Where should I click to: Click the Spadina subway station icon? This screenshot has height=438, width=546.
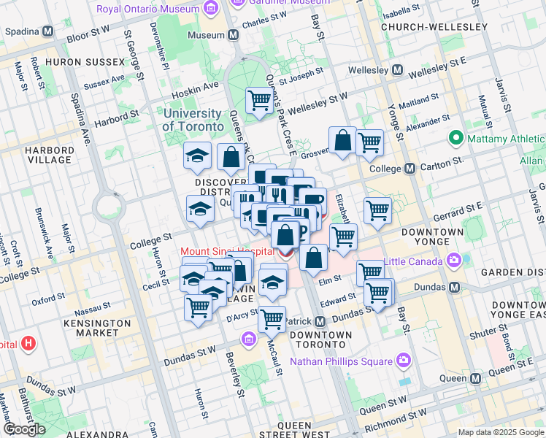tap(48, 32)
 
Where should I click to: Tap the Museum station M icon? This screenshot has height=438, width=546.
tap(234, 35)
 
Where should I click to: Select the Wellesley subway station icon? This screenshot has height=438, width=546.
tap(398, 70)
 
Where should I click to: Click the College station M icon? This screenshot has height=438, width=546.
tap(409, 169)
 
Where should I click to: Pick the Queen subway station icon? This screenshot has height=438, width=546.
tap(475, 378)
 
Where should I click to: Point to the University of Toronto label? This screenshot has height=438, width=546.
tap(193, 120)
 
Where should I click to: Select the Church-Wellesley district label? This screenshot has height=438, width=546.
tap(434, 27)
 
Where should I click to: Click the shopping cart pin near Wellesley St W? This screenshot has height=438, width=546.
tap(259, 101)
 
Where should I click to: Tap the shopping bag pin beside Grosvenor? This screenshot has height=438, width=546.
tap(342, 141)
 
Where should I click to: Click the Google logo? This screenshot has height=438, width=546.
tap(24, 429)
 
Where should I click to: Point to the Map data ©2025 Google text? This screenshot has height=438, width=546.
tap(501, 432)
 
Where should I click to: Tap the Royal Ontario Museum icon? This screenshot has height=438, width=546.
tap(211, 9)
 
